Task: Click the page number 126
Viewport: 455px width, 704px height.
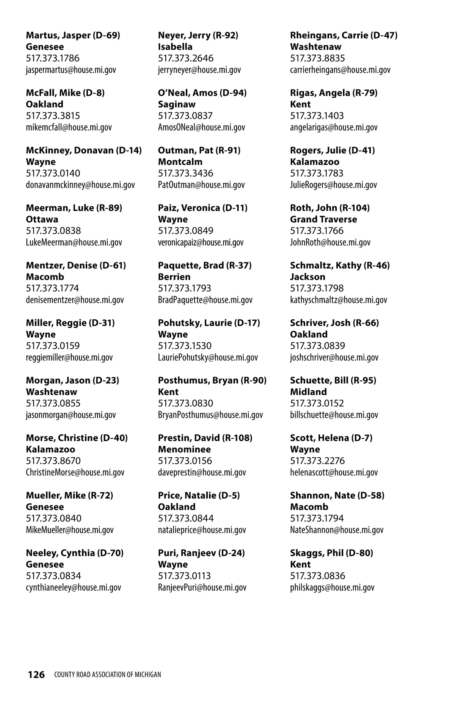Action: tap(36, 674)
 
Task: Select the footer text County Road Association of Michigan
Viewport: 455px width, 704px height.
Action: tap(107, 675)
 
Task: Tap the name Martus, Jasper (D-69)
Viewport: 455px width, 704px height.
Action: tap(73, 35)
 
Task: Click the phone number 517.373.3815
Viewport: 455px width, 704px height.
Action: tap(53, 116)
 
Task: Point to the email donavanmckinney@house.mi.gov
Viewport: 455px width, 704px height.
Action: tap(80, 185)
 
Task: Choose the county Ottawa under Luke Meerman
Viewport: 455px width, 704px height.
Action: tap(42, 219)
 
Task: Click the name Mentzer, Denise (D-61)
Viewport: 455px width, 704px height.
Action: tap(76, 265)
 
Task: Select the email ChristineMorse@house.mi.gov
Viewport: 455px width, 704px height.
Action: tap(75, 472)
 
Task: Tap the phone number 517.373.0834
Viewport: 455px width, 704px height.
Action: tap(53, 576)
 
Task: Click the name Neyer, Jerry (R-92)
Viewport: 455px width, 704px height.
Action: tap(198, 35)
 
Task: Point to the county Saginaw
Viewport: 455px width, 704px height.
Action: tap(177, 104)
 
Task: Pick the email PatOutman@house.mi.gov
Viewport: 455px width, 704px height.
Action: tap(201, 185)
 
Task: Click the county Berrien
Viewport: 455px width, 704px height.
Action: tap(174, 277)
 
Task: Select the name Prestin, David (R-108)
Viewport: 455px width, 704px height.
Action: tap(205, 438)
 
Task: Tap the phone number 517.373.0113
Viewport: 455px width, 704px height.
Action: tap(184, 576)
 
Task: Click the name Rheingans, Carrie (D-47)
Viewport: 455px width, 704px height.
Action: tap(344, 35)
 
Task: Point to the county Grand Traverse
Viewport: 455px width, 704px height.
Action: tap(323, 219)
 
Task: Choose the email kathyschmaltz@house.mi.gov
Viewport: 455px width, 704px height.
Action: tap(339, 300)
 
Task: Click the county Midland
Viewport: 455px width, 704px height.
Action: tap(308, 392)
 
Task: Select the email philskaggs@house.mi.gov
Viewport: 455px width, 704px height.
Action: tap(332, 587)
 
